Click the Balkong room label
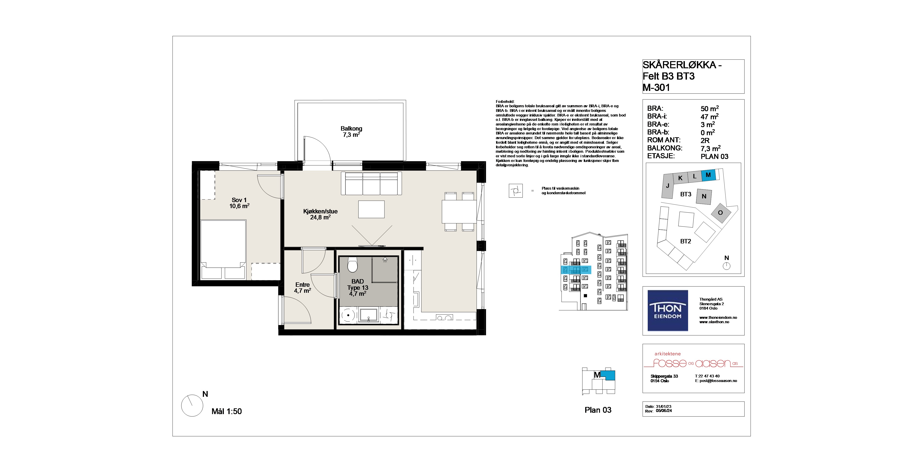(x=351, y=128)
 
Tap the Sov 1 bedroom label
(x=239, y=200)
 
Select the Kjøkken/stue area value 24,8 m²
(x=320, y=217)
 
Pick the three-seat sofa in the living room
(x=371, y=183)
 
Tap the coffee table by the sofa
(x=372, y=209)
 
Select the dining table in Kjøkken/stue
(x=459, y=212)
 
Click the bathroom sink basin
(x=368, y=316)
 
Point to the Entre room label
(x=303, y=285)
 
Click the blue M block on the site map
(x=708, y=175)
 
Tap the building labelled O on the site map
(x=720, y=213)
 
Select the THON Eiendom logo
(x=668, y=311)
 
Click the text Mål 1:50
(x=226, y=412)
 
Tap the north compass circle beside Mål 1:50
(x=192, y=406)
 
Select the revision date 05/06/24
(x=664, y=411)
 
